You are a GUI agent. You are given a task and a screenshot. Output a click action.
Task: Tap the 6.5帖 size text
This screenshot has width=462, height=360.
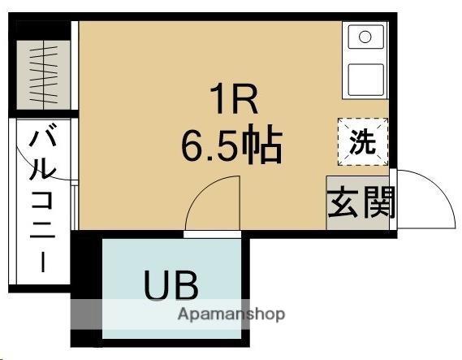tap(231, 146)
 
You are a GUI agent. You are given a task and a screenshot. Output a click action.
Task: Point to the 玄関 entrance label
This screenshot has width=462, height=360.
tap(361, 203)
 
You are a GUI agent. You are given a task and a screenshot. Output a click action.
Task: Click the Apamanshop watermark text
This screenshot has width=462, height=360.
tap(231, 314)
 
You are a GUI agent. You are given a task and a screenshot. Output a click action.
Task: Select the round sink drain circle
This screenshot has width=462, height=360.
tap(365, 37)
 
